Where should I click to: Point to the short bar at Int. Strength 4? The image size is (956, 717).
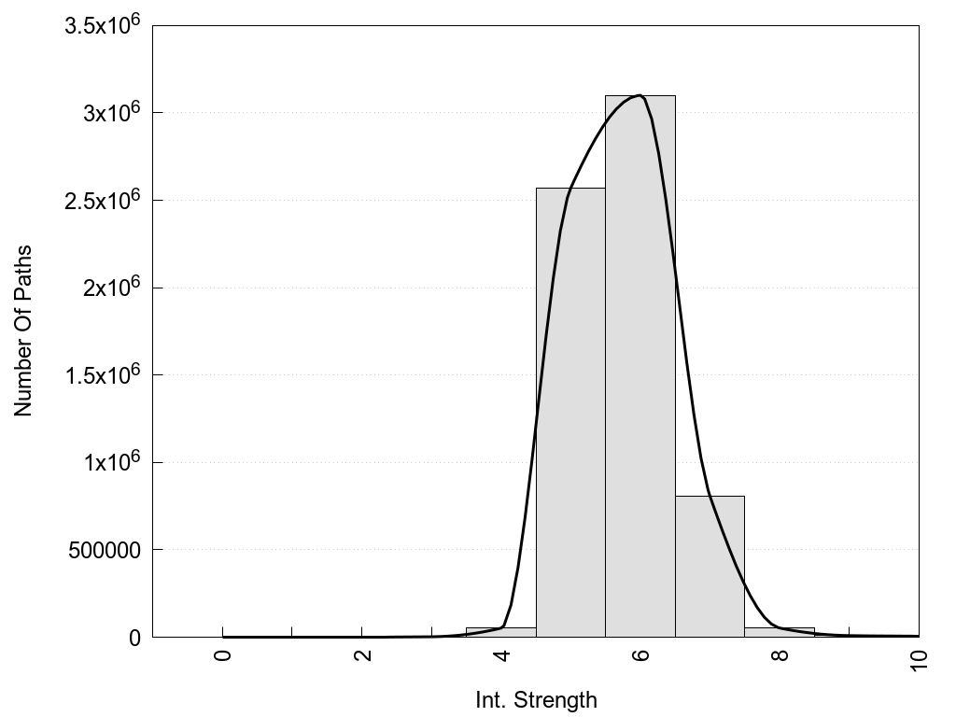click(x=500, y=632)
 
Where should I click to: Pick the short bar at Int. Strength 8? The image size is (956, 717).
click(x=780, y=632)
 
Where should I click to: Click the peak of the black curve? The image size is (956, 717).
click(x=640, y=95)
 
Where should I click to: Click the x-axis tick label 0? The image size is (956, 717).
click(x=222, y=654)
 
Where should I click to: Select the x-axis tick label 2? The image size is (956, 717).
click(x=362, y=654)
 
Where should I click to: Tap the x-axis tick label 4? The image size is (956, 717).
click(x=501, y=654)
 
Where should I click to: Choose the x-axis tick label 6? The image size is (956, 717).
click(x=640, y=654)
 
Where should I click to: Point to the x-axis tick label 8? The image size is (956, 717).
click(x=780, y=654)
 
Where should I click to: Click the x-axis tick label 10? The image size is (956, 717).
click(x=919, y=657)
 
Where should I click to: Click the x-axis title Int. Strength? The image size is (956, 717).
click(x=536, y=699)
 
